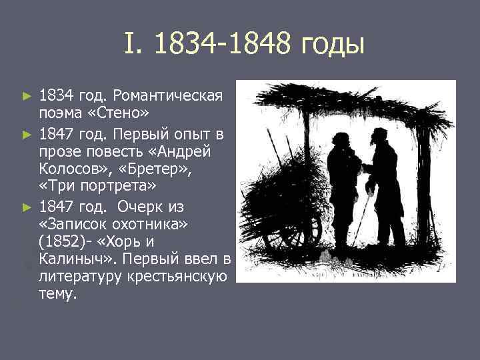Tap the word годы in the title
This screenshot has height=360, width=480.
click(x=333, y=45)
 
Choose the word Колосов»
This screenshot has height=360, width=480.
click(x=71, y=167)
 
